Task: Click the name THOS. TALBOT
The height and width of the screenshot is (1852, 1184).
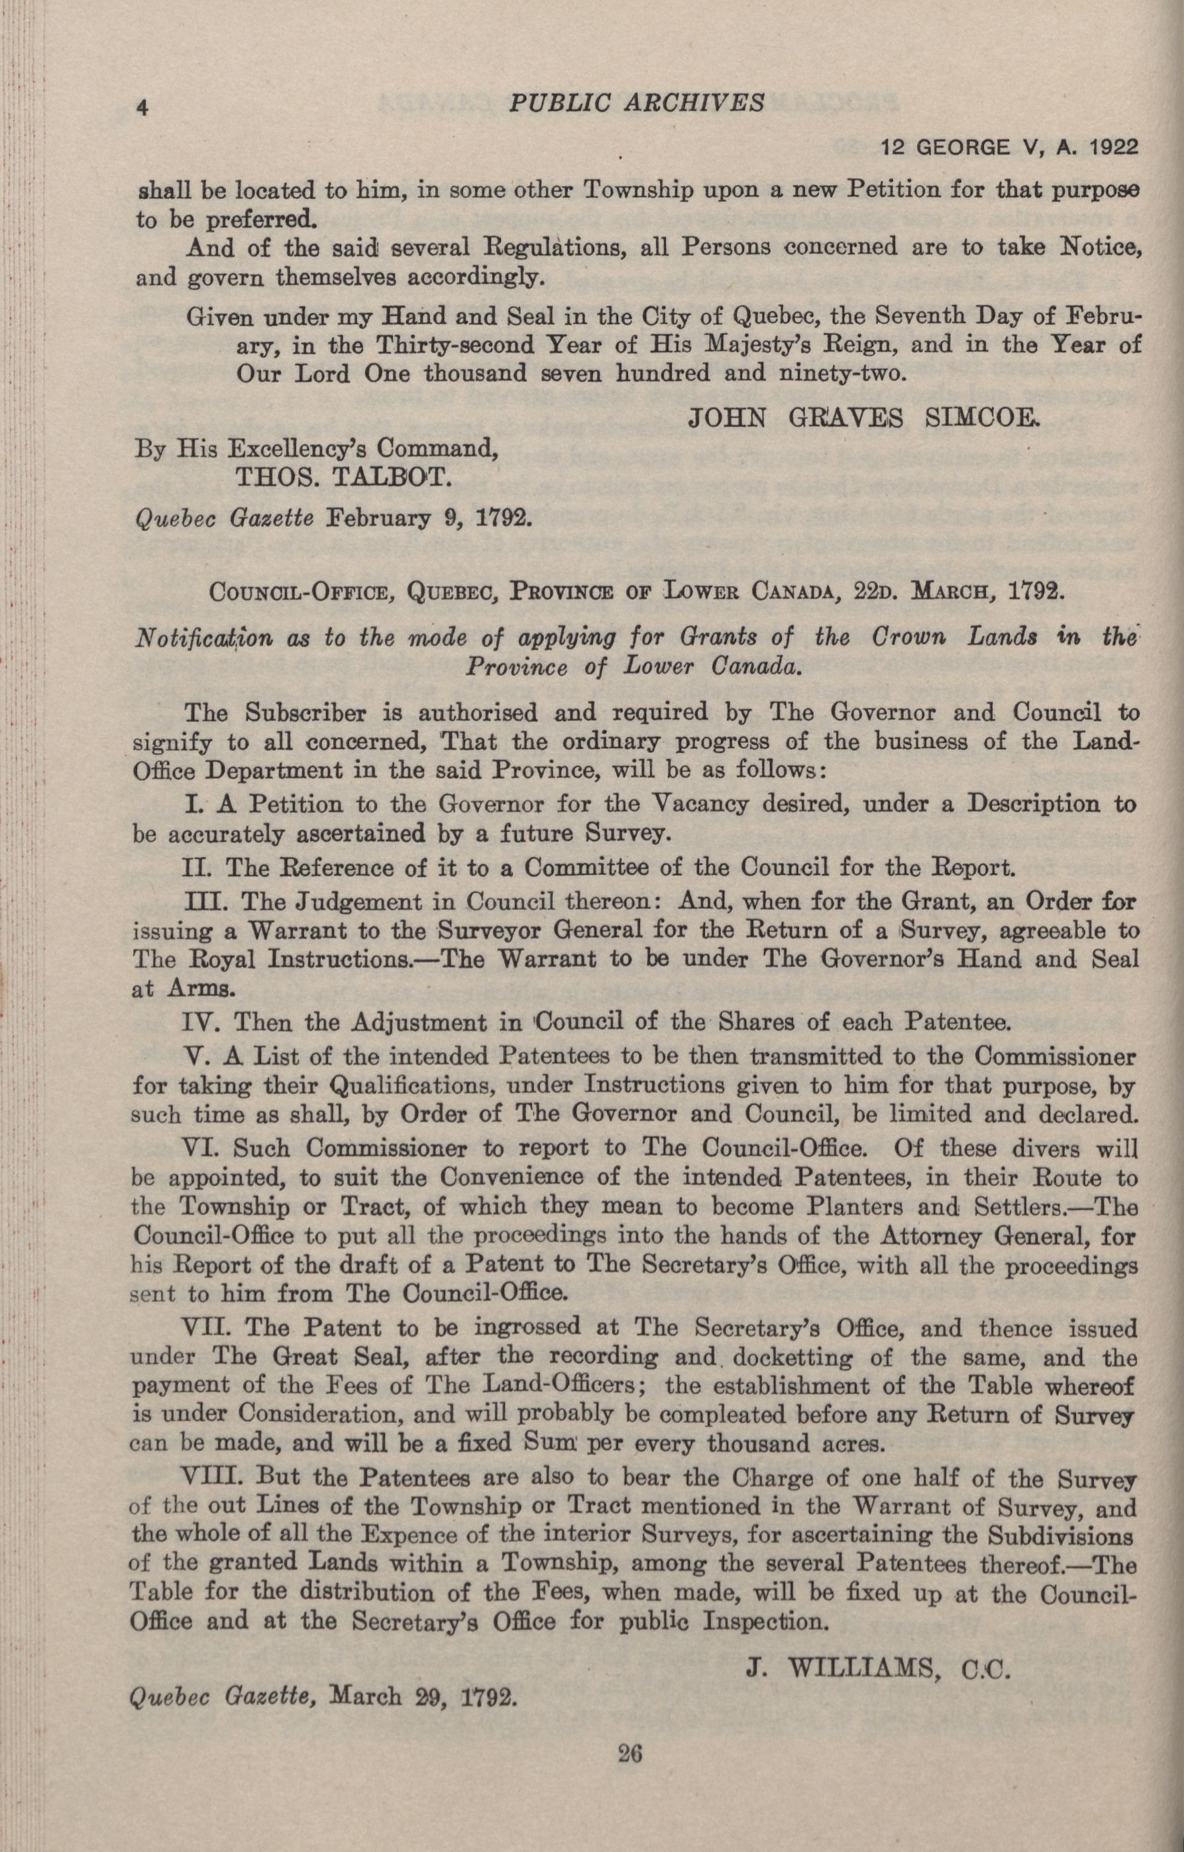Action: [x=342, y=479]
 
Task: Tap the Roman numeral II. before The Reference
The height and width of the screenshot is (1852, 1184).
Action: [x=201, y=868]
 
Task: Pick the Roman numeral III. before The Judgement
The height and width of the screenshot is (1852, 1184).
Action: [x=206, y=901]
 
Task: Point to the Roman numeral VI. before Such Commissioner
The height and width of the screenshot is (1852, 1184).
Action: [x=203, y=1147]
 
